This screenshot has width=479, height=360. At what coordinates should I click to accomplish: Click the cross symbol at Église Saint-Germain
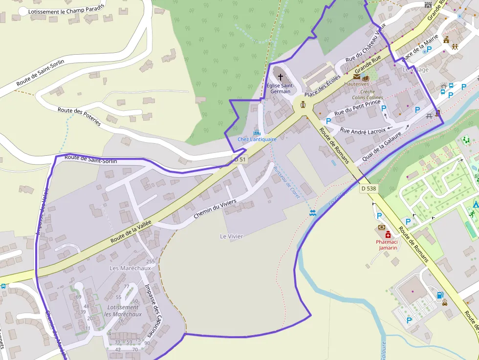pos(280,77)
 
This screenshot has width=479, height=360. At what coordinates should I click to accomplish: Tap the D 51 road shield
pos(239,159)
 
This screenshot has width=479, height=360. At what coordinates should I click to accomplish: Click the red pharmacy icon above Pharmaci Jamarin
pos(388,234)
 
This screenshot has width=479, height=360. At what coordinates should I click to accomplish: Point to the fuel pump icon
pos(439,295)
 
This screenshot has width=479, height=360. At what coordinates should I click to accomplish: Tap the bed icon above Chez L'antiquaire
pos(257,132)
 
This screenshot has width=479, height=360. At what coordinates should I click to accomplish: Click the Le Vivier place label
pos(231,236)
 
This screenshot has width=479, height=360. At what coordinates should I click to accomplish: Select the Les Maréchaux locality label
pos(130,268)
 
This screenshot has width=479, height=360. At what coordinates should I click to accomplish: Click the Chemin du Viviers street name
pos(215,209)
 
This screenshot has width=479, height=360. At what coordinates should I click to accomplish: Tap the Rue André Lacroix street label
pos(363,131)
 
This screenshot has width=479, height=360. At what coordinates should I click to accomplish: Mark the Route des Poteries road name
pos(79,117)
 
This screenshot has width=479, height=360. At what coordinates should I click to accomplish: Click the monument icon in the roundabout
pos(303,104)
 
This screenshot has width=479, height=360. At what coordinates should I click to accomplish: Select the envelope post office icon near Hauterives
pos(357,77)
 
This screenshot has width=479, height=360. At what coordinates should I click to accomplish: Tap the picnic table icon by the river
pos(429,116)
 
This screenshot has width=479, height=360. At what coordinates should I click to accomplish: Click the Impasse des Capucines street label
pos(153,303)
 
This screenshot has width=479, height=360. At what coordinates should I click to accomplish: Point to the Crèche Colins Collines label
pos(368,95)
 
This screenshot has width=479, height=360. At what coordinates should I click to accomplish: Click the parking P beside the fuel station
pos(409,320)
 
